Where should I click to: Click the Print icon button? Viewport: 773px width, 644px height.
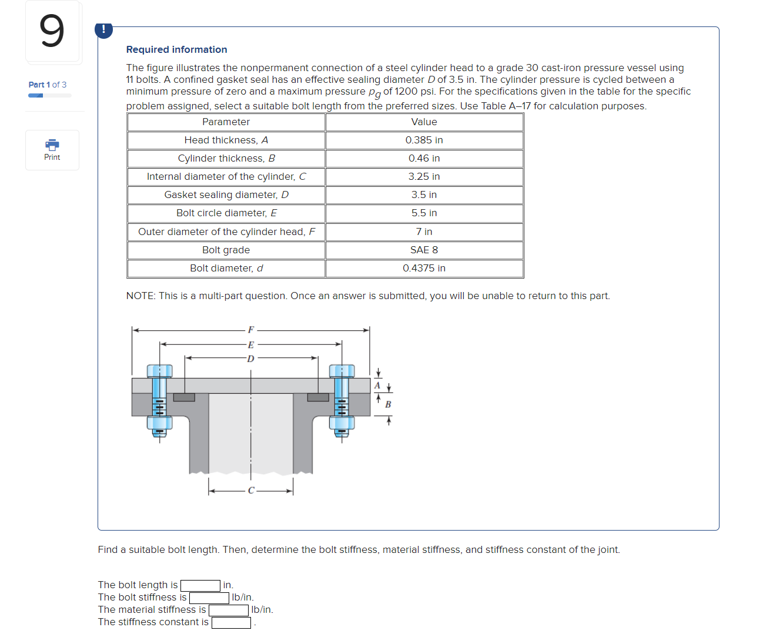click(x=52, y=150)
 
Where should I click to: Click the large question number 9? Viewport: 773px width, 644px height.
click(x=52, y=32)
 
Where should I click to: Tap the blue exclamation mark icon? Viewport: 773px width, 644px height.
click(x=103, y=29)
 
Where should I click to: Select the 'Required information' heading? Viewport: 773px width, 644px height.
click(x=176, y=50)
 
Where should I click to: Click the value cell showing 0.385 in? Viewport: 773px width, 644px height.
click(x=424, y=140)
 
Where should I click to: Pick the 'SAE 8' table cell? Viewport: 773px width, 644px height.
click(x=424, y=250)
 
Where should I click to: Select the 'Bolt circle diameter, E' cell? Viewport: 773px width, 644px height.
click(x=226, y=213)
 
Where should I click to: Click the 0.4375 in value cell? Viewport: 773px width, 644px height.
click(x=424, y=269)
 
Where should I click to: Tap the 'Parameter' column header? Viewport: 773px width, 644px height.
click(x=226, y=122)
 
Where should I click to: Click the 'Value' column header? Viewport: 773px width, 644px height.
click(x=424, y=122)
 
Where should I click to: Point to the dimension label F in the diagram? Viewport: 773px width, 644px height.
click(x=251, y=330)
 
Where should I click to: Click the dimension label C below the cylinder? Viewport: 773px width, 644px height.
click(x=251, y=491)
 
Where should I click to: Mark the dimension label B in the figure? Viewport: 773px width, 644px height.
click(x=388, y=405)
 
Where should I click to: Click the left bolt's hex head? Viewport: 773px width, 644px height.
click(x=159, y=371)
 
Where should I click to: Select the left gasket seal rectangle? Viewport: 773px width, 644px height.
click(x=184, y=398)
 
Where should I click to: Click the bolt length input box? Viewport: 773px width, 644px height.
click(x=200, y=586)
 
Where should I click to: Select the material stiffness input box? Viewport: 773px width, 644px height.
click(x=229, y=611)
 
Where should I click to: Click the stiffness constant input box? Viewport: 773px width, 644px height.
click(x=231, y=623)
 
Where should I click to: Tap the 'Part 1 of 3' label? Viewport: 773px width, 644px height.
click(x=48, y=85)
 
